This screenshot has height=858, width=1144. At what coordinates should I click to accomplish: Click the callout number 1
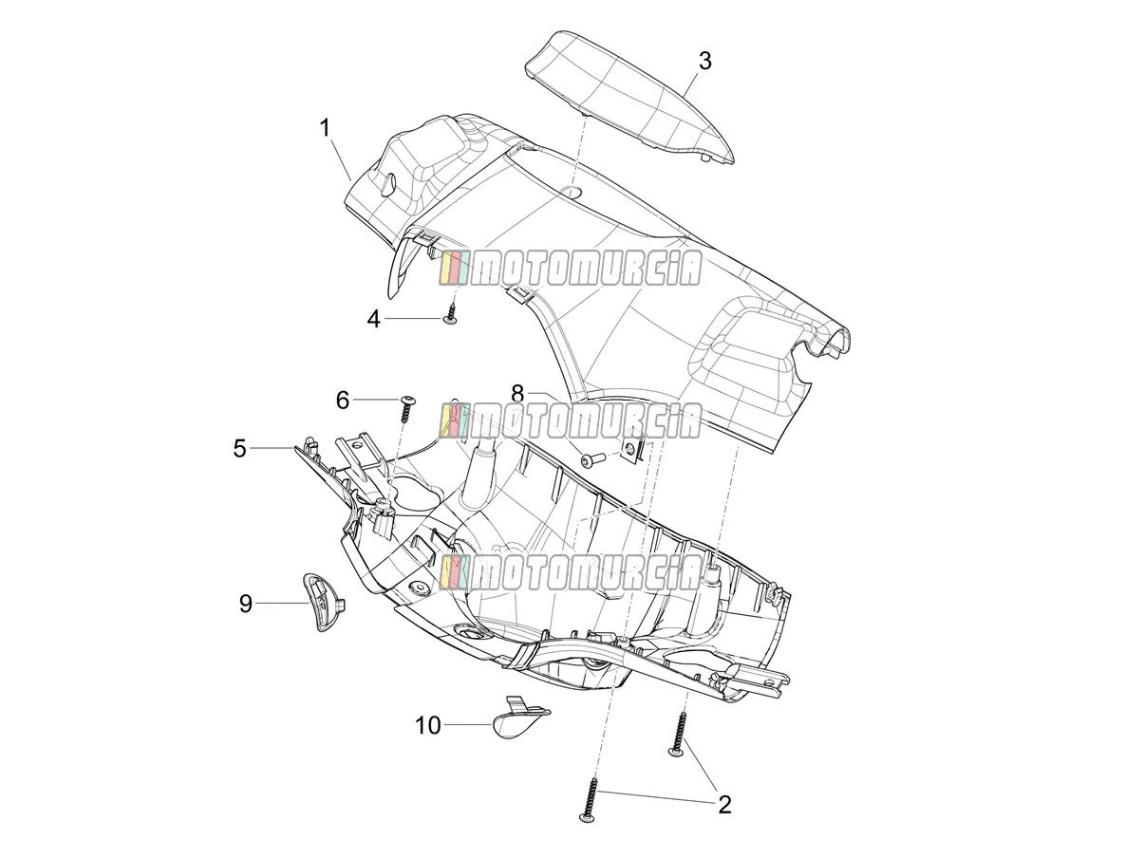(326, 127)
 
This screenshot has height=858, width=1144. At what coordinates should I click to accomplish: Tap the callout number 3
(704, 62)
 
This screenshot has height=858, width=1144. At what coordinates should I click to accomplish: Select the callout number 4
(374, 319)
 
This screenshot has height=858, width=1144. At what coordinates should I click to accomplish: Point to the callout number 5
(239, 448)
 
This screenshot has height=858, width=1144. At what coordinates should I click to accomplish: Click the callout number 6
(343, 401)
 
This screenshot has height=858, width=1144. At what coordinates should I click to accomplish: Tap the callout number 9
(246, 604)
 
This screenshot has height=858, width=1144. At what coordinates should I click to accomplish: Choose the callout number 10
(428, 725)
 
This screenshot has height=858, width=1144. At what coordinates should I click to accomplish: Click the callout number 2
(724, 804)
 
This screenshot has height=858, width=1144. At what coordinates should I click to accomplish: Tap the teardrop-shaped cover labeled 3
(629, 98)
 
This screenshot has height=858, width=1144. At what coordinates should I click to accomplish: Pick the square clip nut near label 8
(636, 448)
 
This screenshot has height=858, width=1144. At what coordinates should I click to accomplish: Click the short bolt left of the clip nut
(593, 460)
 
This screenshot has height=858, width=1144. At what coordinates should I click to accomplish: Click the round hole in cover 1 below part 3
(572, 191)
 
